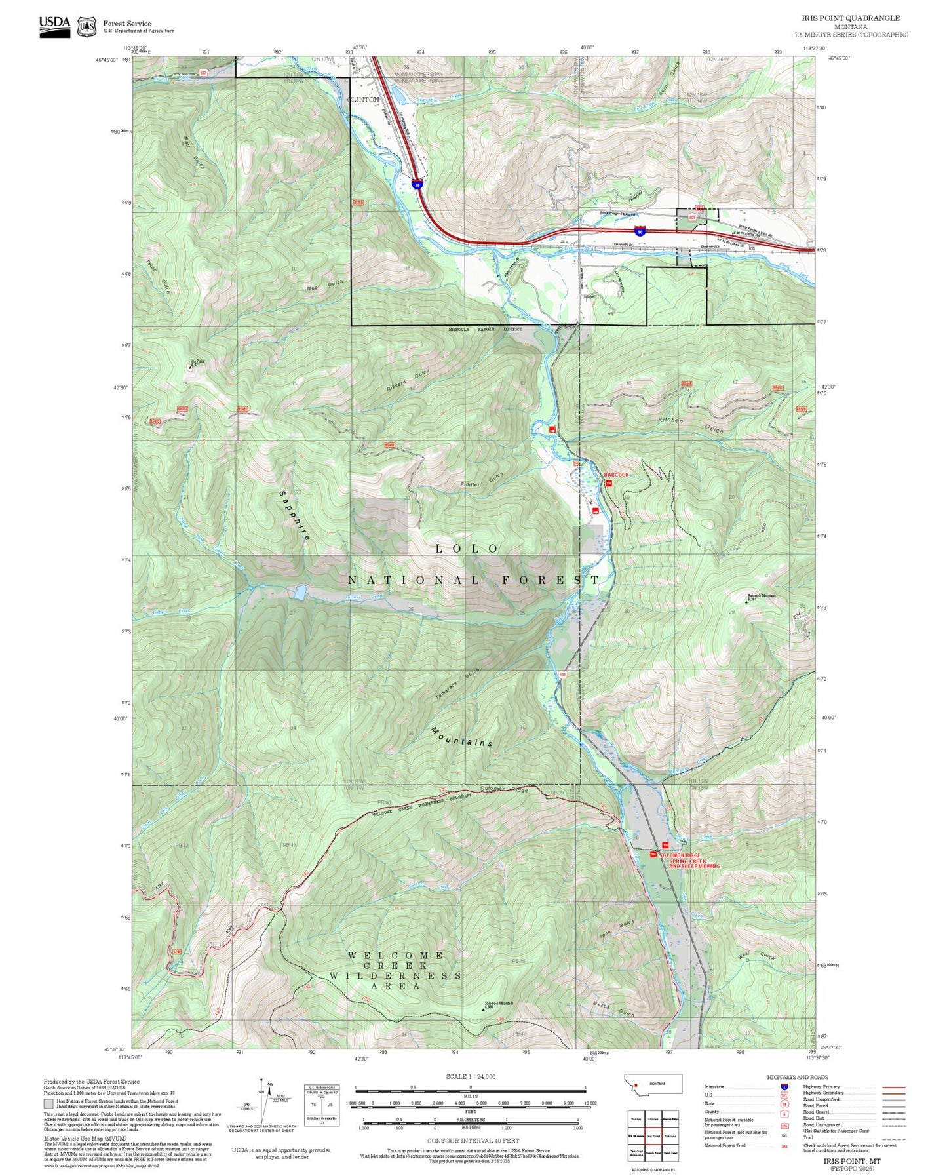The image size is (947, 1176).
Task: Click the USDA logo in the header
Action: pos(54,26)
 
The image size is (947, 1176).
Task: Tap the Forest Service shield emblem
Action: pos(87,27)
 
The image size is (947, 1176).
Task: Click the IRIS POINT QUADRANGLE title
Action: pos(850,18)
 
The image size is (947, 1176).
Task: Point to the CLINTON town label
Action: pos(363,100)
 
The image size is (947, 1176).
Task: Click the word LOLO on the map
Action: pos(467,549)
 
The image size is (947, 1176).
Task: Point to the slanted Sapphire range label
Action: pos(294,515)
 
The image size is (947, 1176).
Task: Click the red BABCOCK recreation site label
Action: pos(616,475)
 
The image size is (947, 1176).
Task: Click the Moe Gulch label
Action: pos(324,285)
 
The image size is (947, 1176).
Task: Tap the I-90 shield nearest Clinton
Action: pos(417,185)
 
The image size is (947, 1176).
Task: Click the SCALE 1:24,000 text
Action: pos(471,1076)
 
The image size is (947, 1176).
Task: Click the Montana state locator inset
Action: pos(653,1084)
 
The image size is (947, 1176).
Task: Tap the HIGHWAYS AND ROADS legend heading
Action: pos(798,1077)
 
